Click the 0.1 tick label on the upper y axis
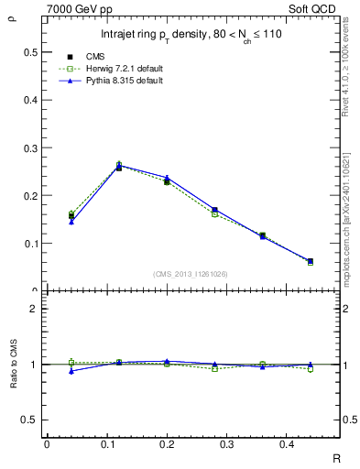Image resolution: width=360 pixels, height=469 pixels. point(33,244)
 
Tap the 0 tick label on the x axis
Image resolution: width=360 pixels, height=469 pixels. point(47,444)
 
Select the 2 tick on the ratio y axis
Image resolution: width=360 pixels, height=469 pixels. point(37,309)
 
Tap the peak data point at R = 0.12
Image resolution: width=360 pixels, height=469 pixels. point(119,167)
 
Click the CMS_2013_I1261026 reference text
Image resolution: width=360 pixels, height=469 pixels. point(190,273)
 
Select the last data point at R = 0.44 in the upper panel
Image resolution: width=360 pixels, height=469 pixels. point(310,261)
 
